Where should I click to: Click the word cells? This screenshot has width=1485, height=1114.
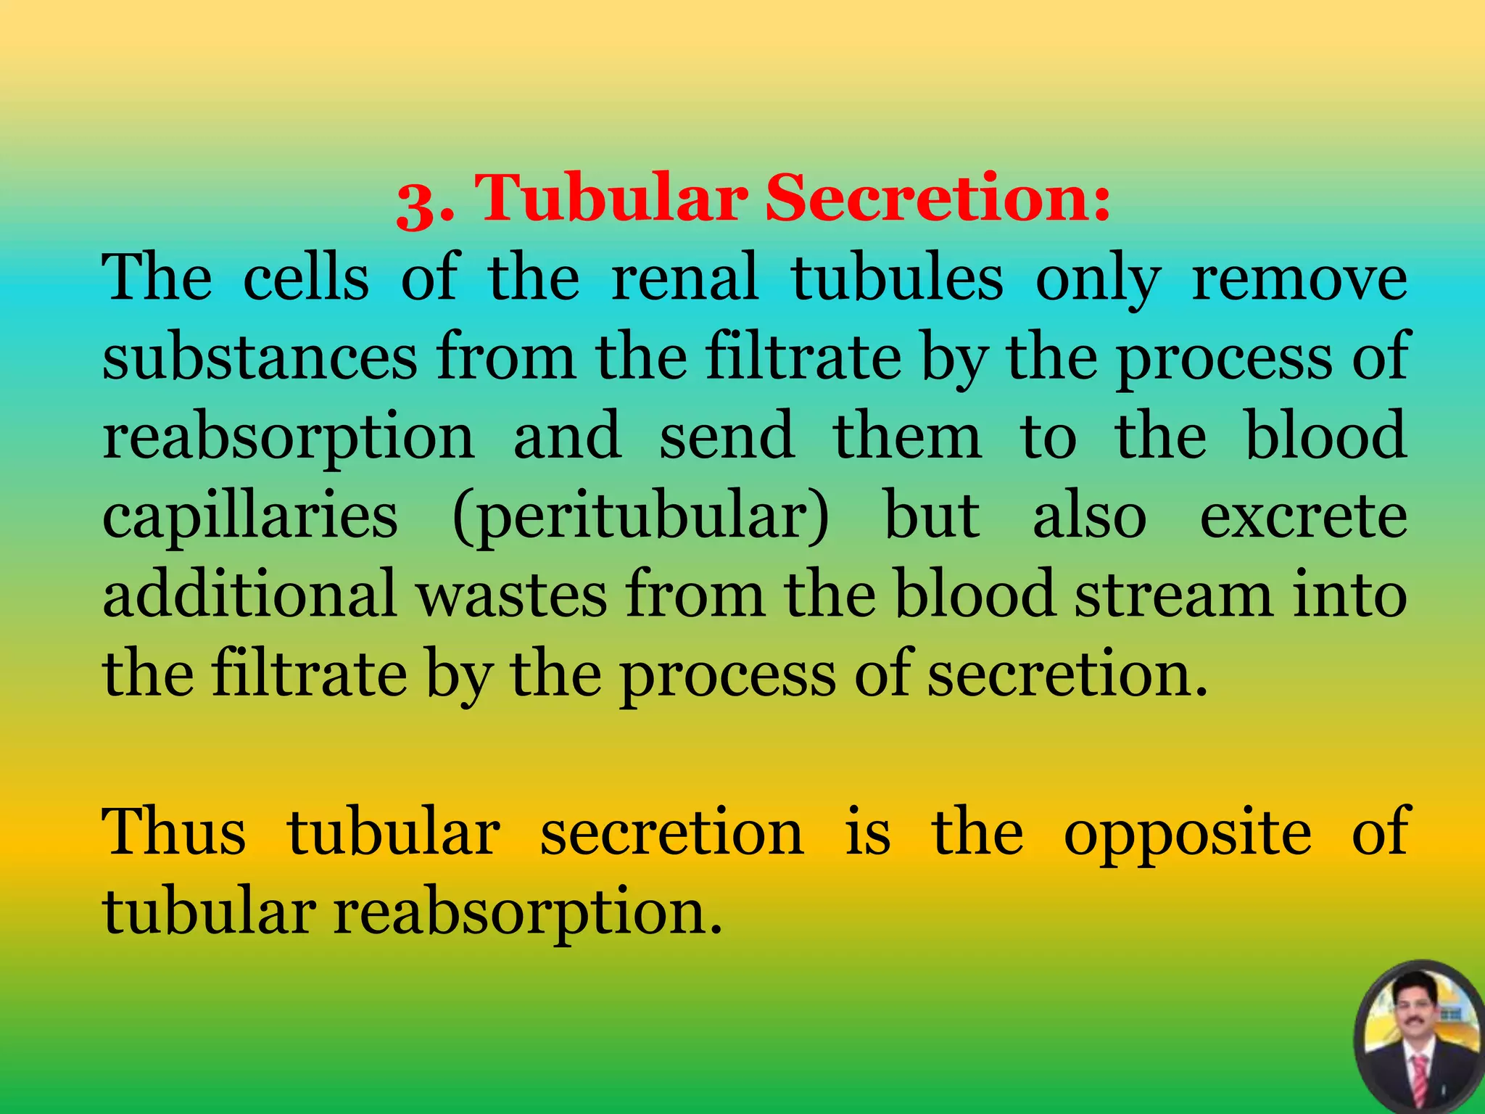tap(305, 278)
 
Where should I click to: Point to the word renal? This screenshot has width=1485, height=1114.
tap(684, 278)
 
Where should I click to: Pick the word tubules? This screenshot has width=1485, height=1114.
tap(898, 278)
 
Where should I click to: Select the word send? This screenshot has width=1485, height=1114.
tap(727, 436)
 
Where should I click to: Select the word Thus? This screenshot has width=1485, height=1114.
tap(173, 832)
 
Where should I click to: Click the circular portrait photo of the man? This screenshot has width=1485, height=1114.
tap(1418, 1037)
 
